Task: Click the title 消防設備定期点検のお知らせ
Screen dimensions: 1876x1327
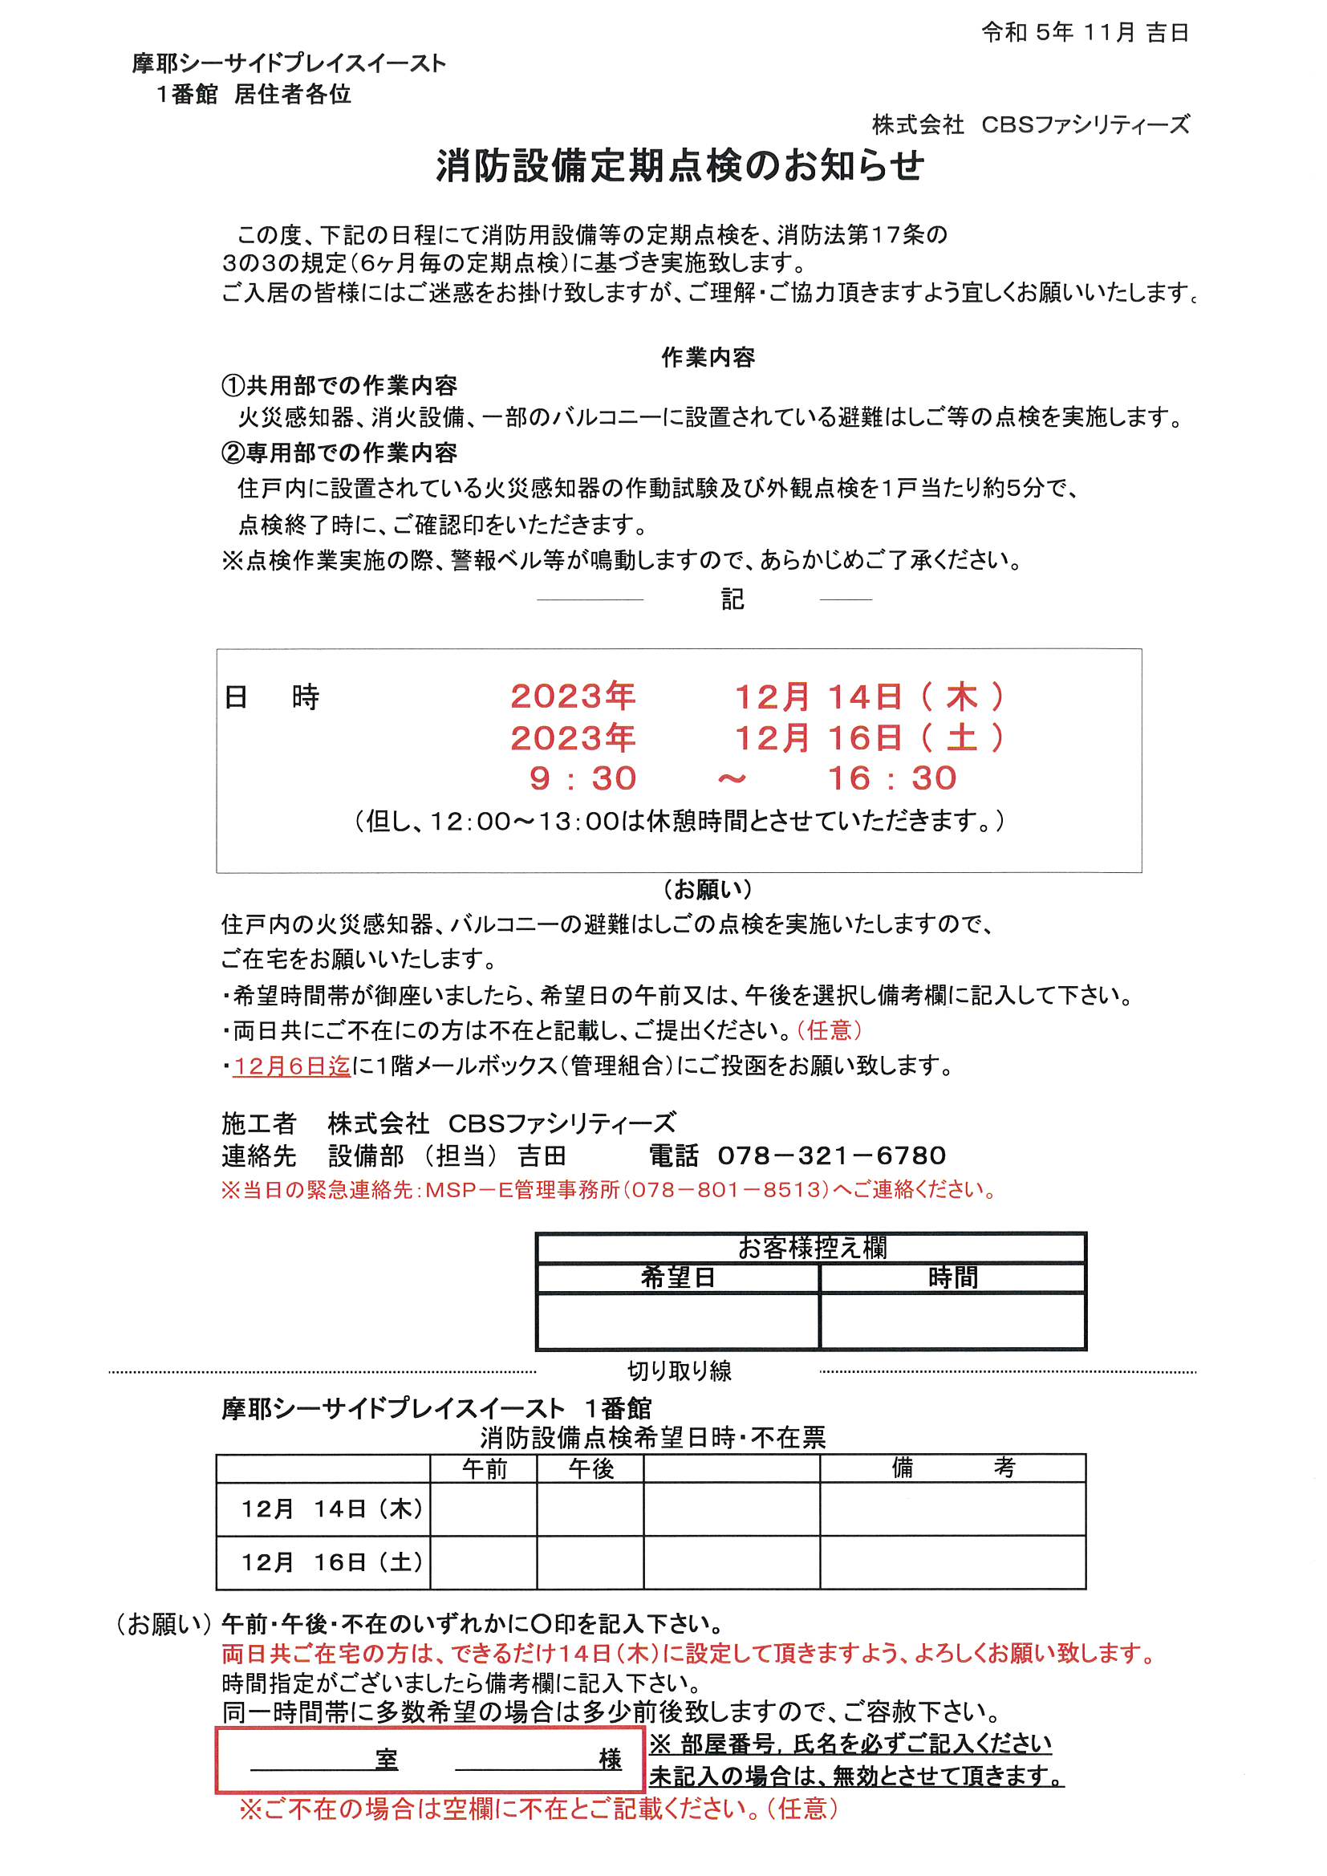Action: (680, 167)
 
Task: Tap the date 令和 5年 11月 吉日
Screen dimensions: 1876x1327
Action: (1085, 33)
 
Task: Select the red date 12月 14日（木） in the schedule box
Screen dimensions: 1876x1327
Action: (870, 697)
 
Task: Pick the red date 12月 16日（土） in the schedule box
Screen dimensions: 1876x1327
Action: (870, 738)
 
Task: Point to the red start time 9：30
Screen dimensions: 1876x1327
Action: (582, 778)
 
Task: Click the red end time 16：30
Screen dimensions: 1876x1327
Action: (892, 778)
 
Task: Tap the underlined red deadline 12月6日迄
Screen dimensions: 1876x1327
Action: (292, 1066)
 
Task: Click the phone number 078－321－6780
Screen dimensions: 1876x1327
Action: (832, 1155)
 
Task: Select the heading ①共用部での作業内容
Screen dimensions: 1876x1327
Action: (339, 386)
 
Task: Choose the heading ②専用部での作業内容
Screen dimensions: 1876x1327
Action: (339, 453)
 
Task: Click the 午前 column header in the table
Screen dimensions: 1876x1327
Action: (485, 1468)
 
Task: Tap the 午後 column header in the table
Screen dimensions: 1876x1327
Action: (590, 1468)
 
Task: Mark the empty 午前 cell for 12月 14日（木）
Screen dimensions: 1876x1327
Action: (484, 1509)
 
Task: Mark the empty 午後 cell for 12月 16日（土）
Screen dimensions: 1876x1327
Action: (590, 1562)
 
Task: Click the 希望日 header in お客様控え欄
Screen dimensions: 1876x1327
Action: (677, 1278)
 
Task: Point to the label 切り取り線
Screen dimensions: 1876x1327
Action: (679, 1371)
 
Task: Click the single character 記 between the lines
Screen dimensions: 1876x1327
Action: (732, 599)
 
